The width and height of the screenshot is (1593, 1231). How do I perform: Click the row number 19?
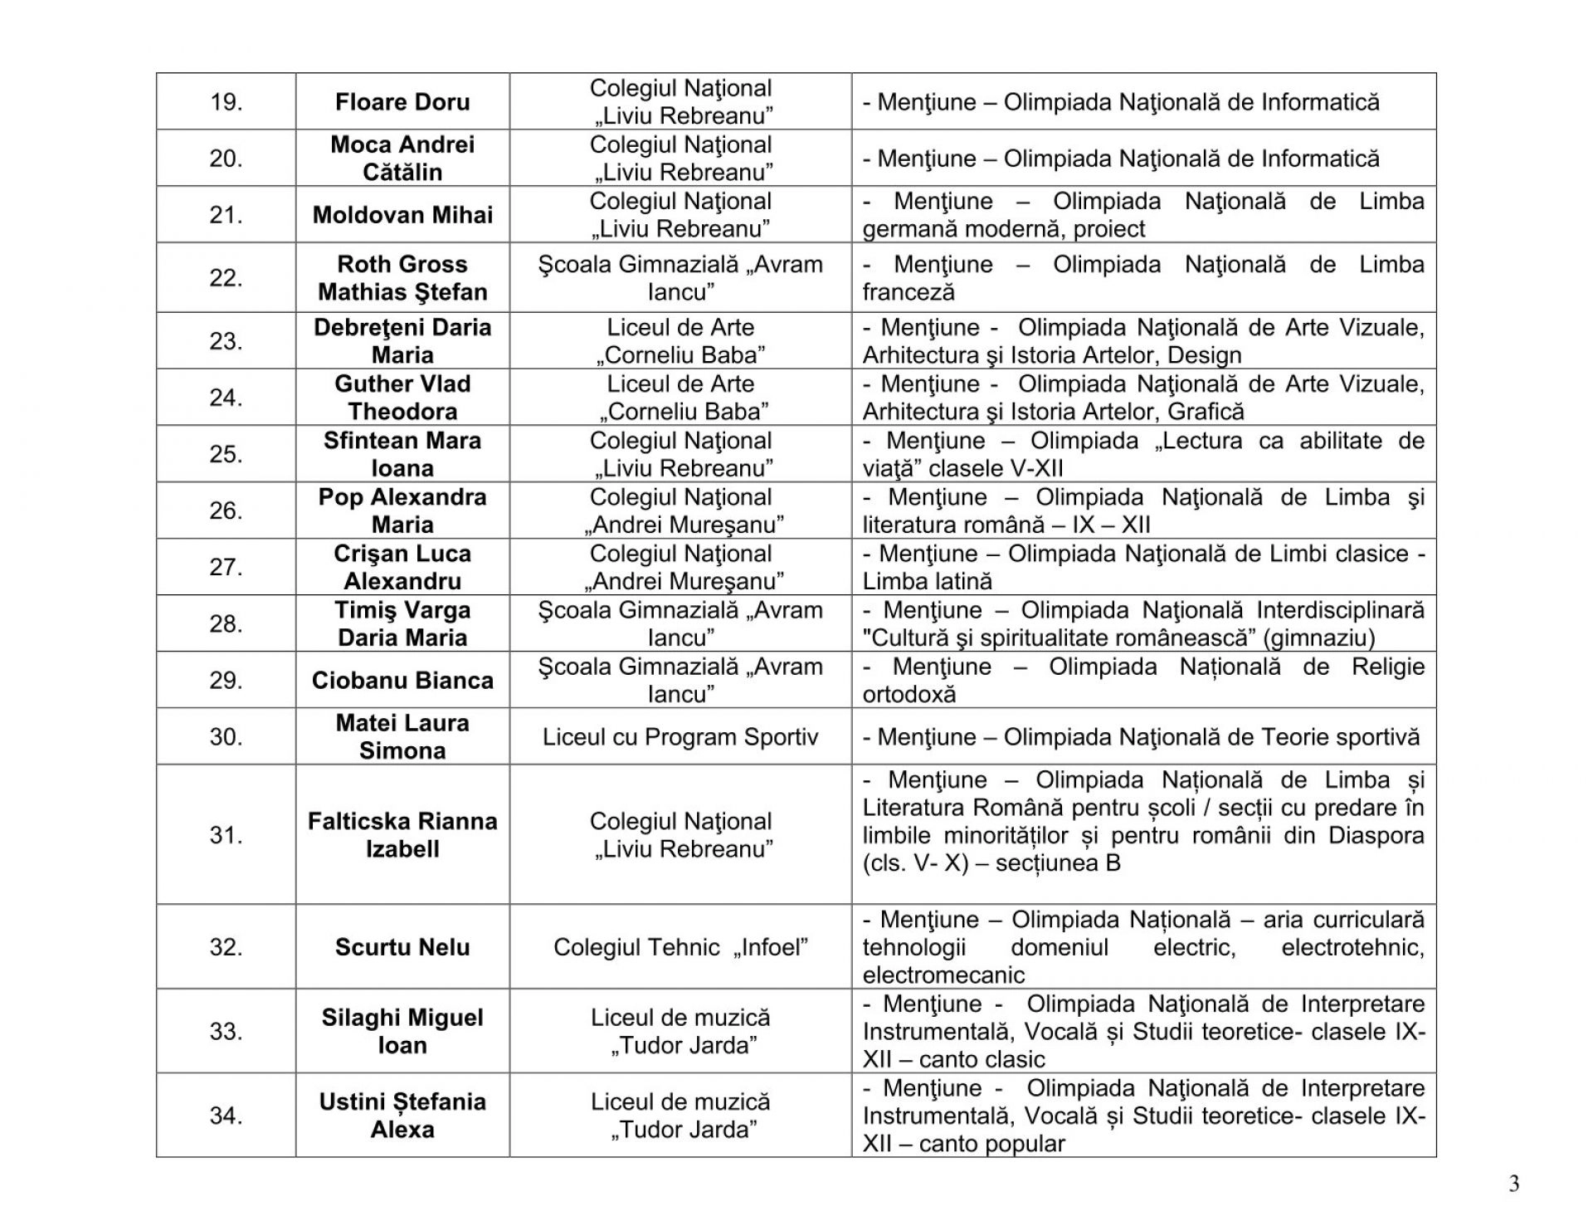tap(226, 102)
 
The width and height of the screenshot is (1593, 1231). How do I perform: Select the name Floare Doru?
tap(402, 102)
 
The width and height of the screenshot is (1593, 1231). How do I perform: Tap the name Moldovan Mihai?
tap(402, 215)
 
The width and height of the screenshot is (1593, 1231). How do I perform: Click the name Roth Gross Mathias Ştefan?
tap(402, 278)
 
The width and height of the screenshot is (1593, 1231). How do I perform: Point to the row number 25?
tap(226, 454)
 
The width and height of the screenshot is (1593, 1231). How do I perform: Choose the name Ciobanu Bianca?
tap(402, 681)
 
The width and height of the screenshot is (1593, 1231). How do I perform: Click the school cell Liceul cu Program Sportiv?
tap(680, 737)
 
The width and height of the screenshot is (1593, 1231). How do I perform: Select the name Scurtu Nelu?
tap(402, 947)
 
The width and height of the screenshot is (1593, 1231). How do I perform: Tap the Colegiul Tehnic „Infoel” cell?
tap(680, 947)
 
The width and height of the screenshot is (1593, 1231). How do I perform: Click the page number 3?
tap(1514, 1185)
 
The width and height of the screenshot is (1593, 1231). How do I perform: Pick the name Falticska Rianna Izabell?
tap(402, 835)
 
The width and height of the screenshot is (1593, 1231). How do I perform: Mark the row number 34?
tap(226, 1116)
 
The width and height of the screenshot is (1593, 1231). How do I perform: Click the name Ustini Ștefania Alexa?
tap(402, 1116)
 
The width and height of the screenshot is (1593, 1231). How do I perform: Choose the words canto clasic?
tap(982, 1060)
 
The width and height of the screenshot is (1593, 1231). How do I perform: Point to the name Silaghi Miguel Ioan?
tap(402, 1031)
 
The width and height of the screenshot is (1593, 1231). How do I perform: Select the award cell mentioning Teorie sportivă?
tap(1142, 737)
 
